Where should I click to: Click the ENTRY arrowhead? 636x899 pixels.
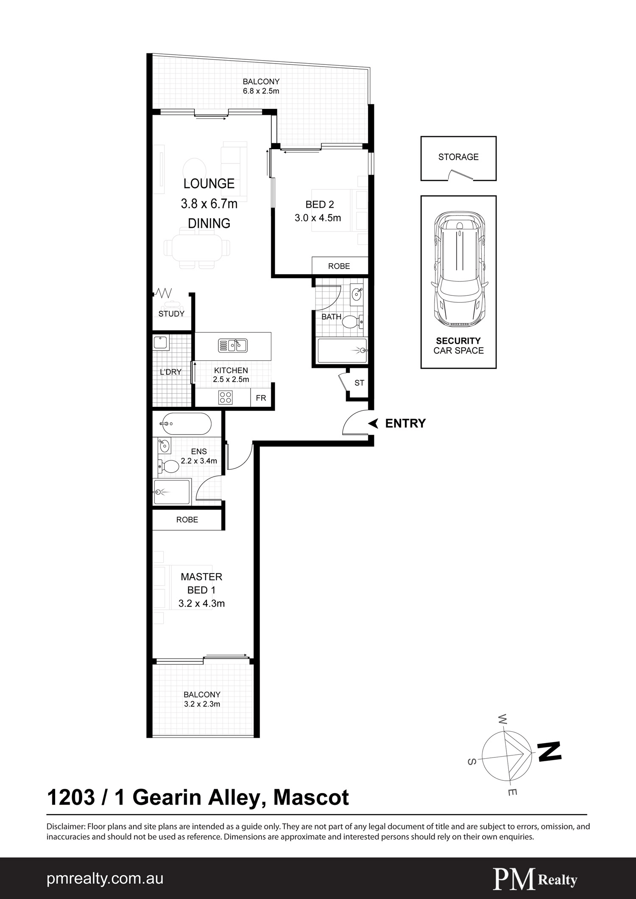pos(373,423)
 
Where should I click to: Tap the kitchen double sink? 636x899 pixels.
pos(232,346)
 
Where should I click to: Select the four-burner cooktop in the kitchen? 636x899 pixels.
pos(225,397)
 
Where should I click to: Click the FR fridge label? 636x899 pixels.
pos(261,398)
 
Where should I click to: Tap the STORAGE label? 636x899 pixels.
pos(458,157)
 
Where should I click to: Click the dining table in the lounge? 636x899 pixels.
pos(197,248)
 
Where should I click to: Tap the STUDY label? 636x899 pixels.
pos(171,314)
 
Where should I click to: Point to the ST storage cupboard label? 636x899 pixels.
pos(359,383)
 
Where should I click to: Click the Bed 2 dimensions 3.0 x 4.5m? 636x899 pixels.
pos(318,218)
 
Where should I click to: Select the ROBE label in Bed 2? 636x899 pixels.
pos(339,266)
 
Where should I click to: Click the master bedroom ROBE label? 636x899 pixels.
pos(187,520)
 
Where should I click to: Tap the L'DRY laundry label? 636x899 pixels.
pos(170,372)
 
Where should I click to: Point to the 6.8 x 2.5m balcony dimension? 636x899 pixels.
pos(261,91)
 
